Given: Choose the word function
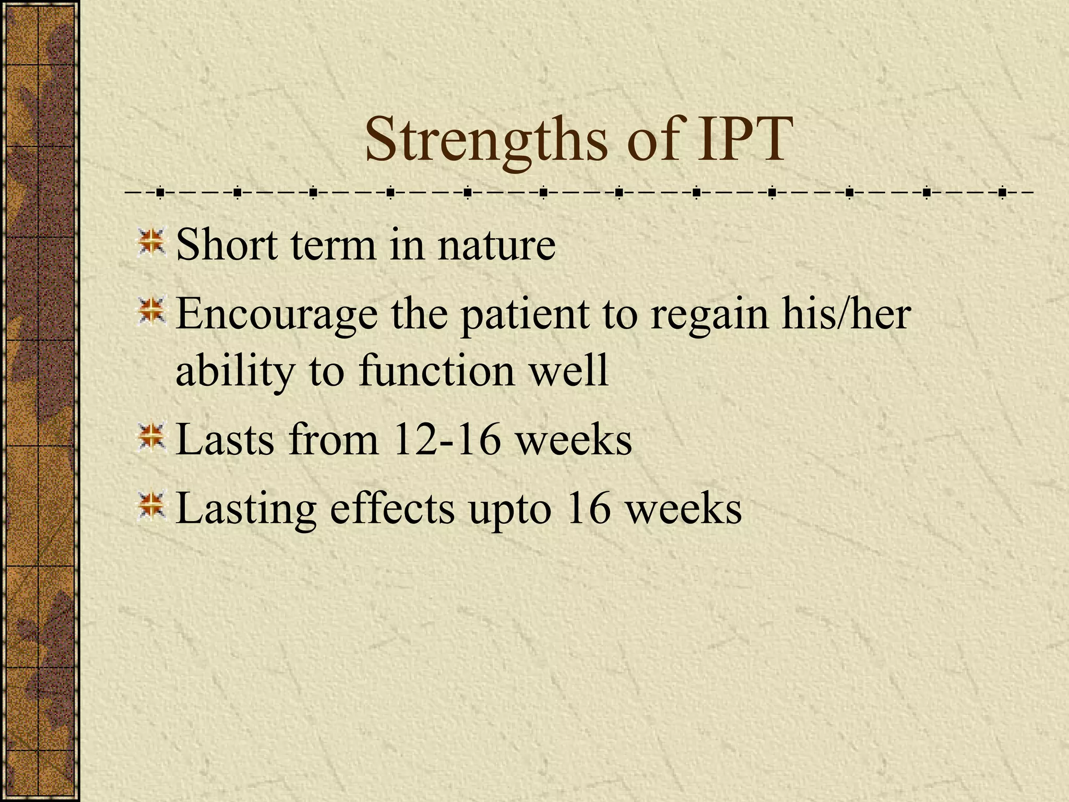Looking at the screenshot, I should [x=436, y=370].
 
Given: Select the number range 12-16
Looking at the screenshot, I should [x=446, y=440].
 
